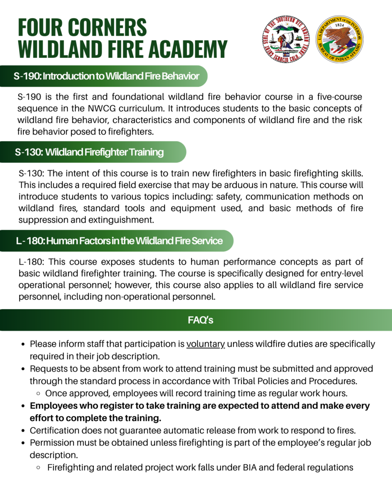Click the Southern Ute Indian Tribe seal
[x=286, y=39]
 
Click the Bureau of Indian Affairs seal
[x=340, y=39]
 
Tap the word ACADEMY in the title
[x=188, y=49]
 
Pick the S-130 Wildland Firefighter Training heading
[x=89, y=152]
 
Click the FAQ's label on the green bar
[x=200, y=320]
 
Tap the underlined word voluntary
[x=206, y=344]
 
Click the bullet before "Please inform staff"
[x=23, y=344]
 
